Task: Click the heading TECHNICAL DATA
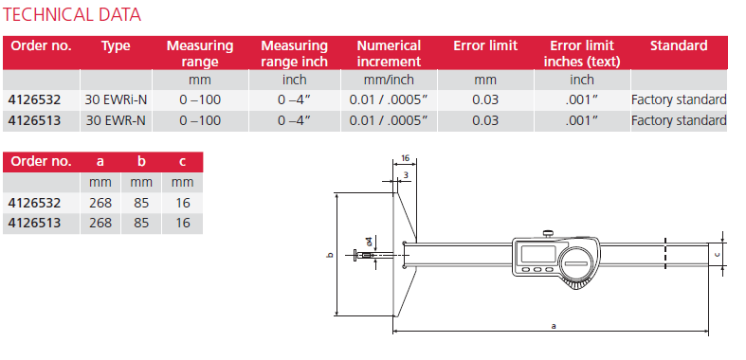point(73,15)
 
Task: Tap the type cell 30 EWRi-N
point(117,99)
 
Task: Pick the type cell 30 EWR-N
point(116,120)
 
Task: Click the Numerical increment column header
point(389,52)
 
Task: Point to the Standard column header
point(678,45)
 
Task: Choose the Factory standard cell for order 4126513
point(679,120)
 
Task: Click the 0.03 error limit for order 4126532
point(485,99)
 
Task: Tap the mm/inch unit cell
point(389,81)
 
